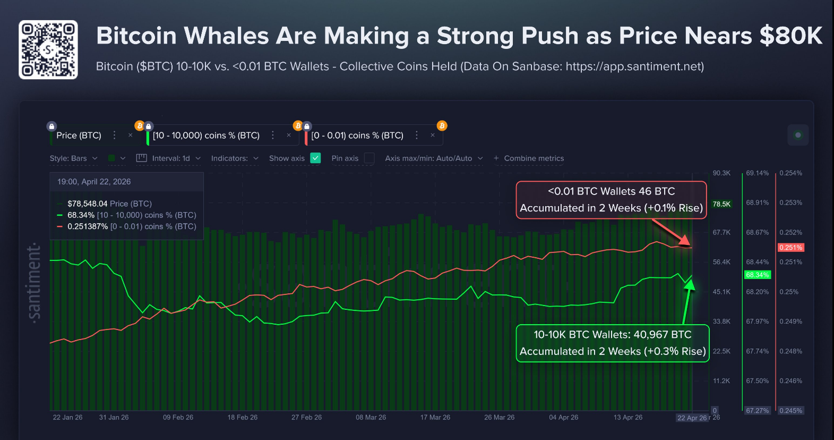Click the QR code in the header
point(48,50)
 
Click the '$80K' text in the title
point(790,36)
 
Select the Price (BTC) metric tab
point(79,136)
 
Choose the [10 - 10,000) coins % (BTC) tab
point(206,136)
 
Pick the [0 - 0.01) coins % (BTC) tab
point(357,136)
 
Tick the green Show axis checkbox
point(315,158)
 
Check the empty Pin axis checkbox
point(369,158)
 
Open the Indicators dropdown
point(235,158)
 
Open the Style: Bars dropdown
point(74,158)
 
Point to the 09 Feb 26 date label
point(178,417)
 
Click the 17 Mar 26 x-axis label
point(435,417)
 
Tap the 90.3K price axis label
point(721,173)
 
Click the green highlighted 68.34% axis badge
point(757,275)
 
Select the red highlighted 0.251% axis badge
point(790,248)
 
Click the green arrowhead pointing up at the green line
point(690,285)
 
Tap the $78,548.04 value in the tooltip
point(88,204)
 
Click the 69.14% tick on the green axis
point(757,173)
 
